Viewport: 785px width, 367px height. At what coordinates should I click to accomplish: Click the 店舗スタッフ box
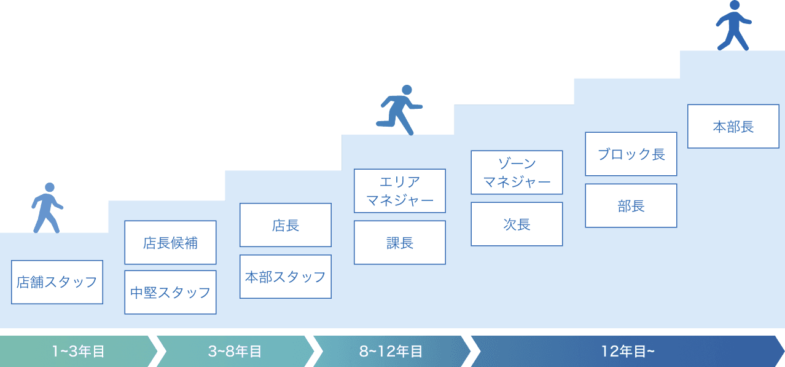(57, 282)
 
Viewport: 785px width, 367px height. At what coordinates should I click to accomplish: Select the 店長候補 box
(170, 243)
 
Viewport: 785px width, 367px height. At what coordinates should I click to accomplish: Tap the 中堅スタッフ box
(170, 293)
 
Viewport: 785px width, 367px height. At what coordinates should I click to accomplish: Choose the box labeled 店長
(286, 225)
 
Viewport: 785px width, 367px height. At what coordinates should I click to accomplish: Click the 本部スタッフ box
(286, 277)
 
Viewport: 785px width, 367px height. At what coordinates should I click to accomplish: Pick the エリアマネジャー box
(400, 191)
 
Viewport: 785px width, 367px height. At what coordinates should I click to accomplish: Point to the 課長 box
(400, 243)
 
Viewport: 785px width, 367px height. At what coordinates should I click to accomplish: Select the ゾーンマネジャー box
(517, 172)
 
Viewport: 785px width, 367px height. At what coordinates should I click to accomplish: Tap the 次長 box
(517, 224)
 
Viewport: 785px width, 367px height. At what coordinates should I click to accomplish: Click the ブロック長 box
(631, 154)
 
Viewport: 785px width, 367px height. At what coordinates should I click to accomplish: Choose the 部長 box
(631, 206)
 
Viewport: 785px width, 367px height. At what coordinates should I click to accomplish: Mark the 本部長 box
(733, 127)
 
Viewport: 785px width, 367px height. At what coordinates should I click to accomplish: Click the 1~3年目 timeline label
(78, 352)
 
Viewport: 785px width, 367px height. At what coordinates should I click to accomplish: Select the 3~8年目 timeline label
(235, 352)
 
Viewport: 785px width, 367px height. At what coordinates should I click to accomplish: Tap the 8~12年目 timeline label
(391, 352)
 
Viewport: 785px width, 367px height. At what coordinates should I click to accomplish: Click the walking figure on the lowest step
(47, 208)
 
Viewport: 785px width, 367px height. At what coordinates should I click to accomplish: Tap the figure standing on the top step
(733, 26)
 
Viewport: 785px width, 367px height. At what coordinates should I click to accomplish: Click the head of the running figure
(405, 90)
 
